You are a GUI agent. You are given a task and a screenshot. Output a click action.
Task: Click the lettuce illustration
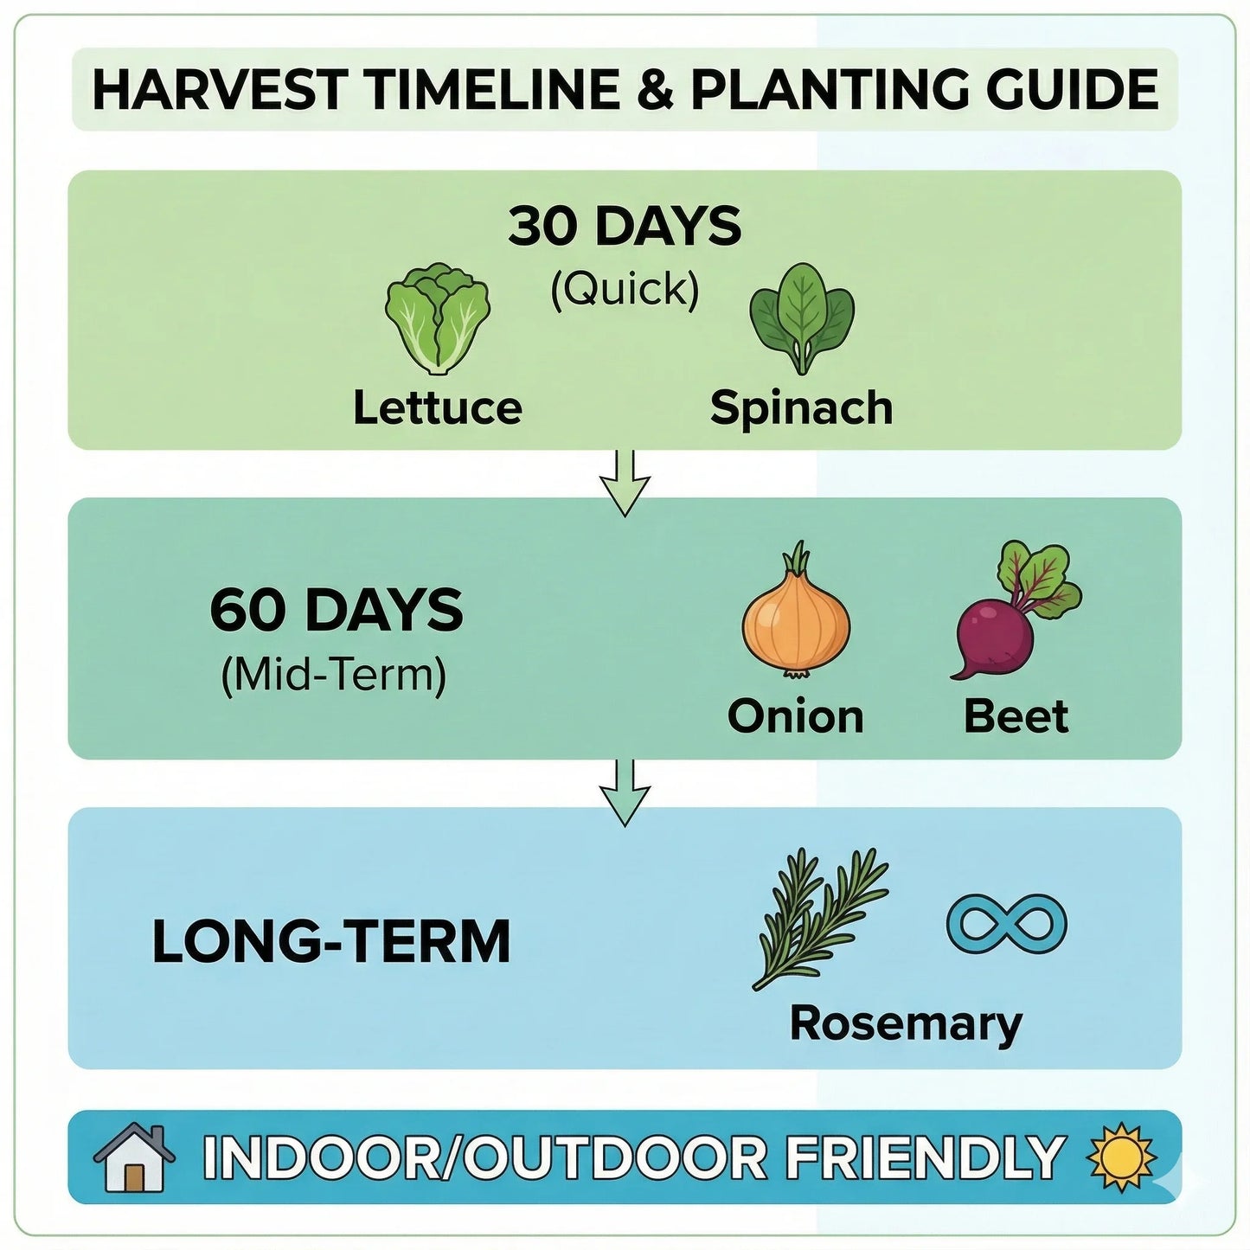tap(438, 319)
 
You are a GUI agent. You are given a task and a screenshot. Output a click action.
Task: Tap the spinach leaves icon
tap(802, 318)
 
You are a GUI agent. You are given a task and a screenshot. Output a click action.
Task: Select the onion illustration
tap(796, 613)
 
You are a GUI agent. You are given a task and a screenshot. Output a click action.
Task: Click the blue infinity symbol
tap(1007, 924)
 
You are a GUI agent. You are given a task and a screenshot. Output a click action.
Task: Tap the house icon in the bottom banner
tap(135, 1157)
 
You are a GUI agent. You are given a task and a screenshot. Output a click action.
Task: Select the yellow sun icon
tap(1122, 1157)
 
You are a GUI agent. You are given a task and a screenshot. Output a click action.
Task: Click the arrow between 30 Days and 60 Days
tap(625, 484)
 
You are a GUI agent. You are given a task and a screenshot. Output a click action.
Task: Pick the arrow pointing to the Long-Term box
tap(625, 793)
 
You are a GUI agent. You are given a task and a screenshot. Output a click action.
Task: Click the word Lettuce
tap(438, 407)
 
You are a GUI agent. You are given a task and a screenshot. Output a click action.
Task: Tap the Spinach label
tap(801, 407)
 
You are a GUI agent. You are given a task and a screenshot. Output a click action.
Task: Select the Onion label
tap(795, 716)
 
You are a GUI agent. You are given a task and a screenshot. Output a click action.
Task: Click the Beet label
tap(1016, 716)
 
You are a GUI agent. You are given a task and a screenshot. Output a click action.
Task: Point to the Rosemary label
tap(905, 1024)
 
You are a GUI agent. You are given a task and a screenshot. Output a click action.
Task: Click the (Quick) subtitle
tap(625, 290)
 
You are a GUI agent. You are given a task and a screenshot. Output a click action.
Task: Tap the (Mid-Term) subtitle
tap(334, 676)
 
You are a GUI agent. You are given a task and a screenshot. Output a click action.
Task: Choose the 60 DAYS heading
tap(337, 610)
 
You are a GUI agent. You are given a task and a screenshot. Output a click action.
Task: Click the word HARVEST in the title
tap(220, 89)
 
